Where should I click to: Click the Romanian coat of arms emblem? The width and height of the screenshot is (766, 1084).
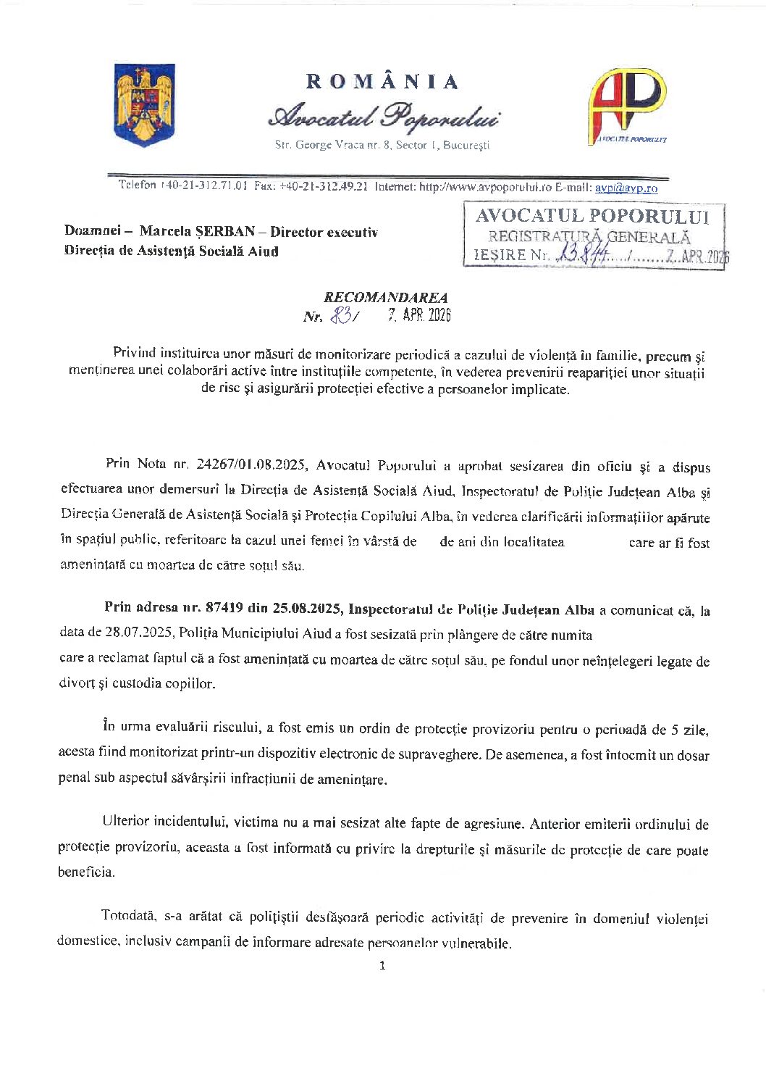pyautogui.click(x=145, y=105)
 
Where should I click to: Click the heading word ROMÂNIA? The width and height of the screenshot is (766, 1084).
pyautogui.click(x=382, y=82)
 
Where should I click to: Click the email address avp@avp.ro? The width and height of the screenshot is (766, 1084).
pyautogui.click(x=626, y=188)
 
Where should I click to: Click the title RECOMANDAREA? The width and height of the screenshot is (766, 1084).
pyautogui.click(x=385, y=297)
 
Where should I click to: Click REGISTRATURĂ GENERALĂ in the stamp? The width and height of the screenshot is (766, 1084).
pyautogui.click(x=589, y=236)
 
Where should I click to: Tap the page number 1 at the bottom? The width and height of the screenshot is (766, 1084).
pyautogui.click(x=382, y=965)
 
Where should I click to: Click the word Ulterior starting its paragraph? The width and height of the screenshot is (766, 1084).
pyautogui.click(x=126, y=822)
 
